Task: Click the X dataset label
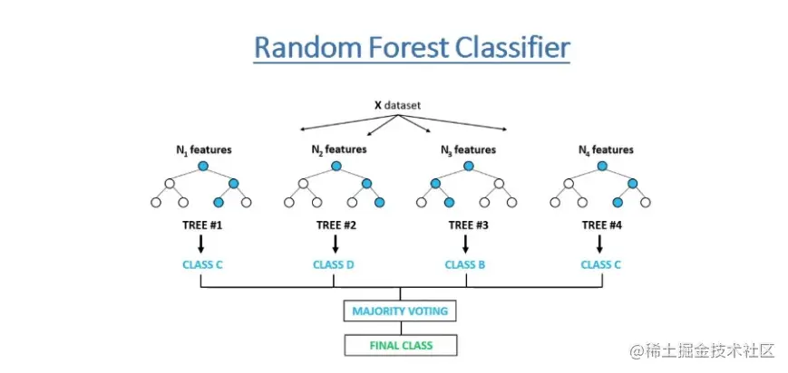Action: tap(397, 106)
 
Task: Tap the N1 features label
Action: tap(202, 149)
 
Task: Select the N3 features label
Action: tap(469, 150)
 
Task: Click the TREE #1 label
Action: tap(202, 225)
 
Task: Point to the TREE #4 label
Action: tap(601, 225)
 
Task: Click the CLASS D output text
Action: tap(334, 264)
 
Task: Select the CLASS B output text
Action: tap(465, 264)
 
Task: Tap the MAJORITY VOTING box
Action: tap(400, 311)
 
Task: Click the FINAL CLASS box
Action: tap(401, 346)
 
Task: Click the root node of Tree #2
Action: tap(336, 166)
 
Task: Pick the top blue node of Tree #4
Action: tap(602, 166)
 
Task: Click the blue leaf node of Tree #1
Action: tap(219, 202)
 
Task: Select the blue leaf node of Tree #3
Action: tap(449, 202)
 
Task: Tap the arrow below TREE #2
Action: tap(336, 244)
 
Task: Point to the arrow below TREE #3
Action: tap(465, 244)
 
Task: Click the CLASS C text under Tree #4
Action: tap(600, 264)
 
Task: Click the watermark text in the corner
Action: tap(703, 351)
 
